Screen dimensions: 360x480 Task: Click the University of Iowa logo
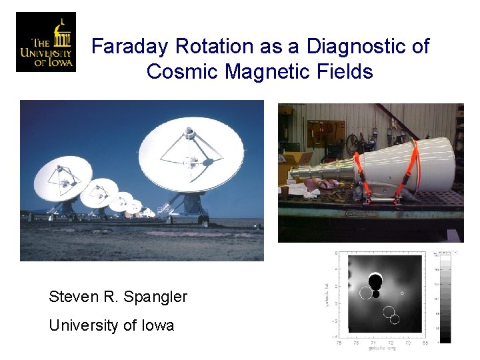pos(45,42)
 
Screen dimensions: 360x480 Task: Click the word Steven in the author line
pos(69,297)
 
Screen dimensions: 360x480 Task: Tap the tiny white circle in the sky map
pos(402,293)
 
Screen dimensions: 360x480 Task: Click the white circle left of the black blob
pos(365,292)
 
